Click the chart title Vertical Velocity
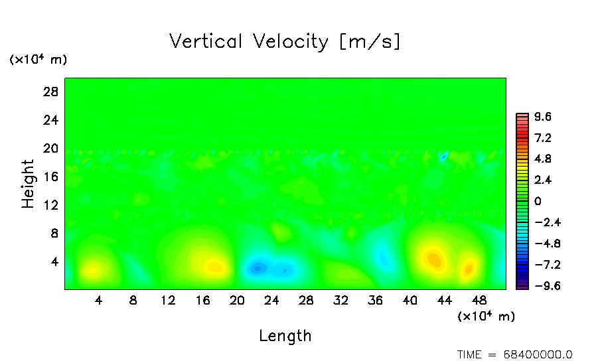click(x=285, y=42)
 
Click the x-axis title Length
click(x=285, y=336)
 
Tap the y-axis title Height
click(x=28, y=184)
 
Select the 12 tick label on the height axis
click(x=51, y=205)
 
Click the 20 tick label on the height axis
click(x=51, y=148)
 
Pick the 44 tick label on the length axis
click(x=445, y=300)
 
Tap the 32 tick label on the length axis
click(x=340, y=300)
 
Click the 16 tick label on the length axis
click(x=202, y=300)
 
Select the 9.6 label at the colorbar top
click(x=543, y=117)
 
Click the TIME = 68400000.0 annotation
click(x=515, y=354)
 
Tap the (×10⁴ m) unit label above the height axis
click(x=38, y=60)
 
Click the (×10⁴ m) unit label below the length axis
click(x=486, y=317)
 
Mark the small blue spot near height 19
click(x=443, y=157)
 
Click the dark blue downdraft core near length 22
click(x=258, y=268)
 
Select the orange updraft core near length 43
click(x=433, y=259)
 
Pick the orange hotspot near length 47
click(x=469, y=269)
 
